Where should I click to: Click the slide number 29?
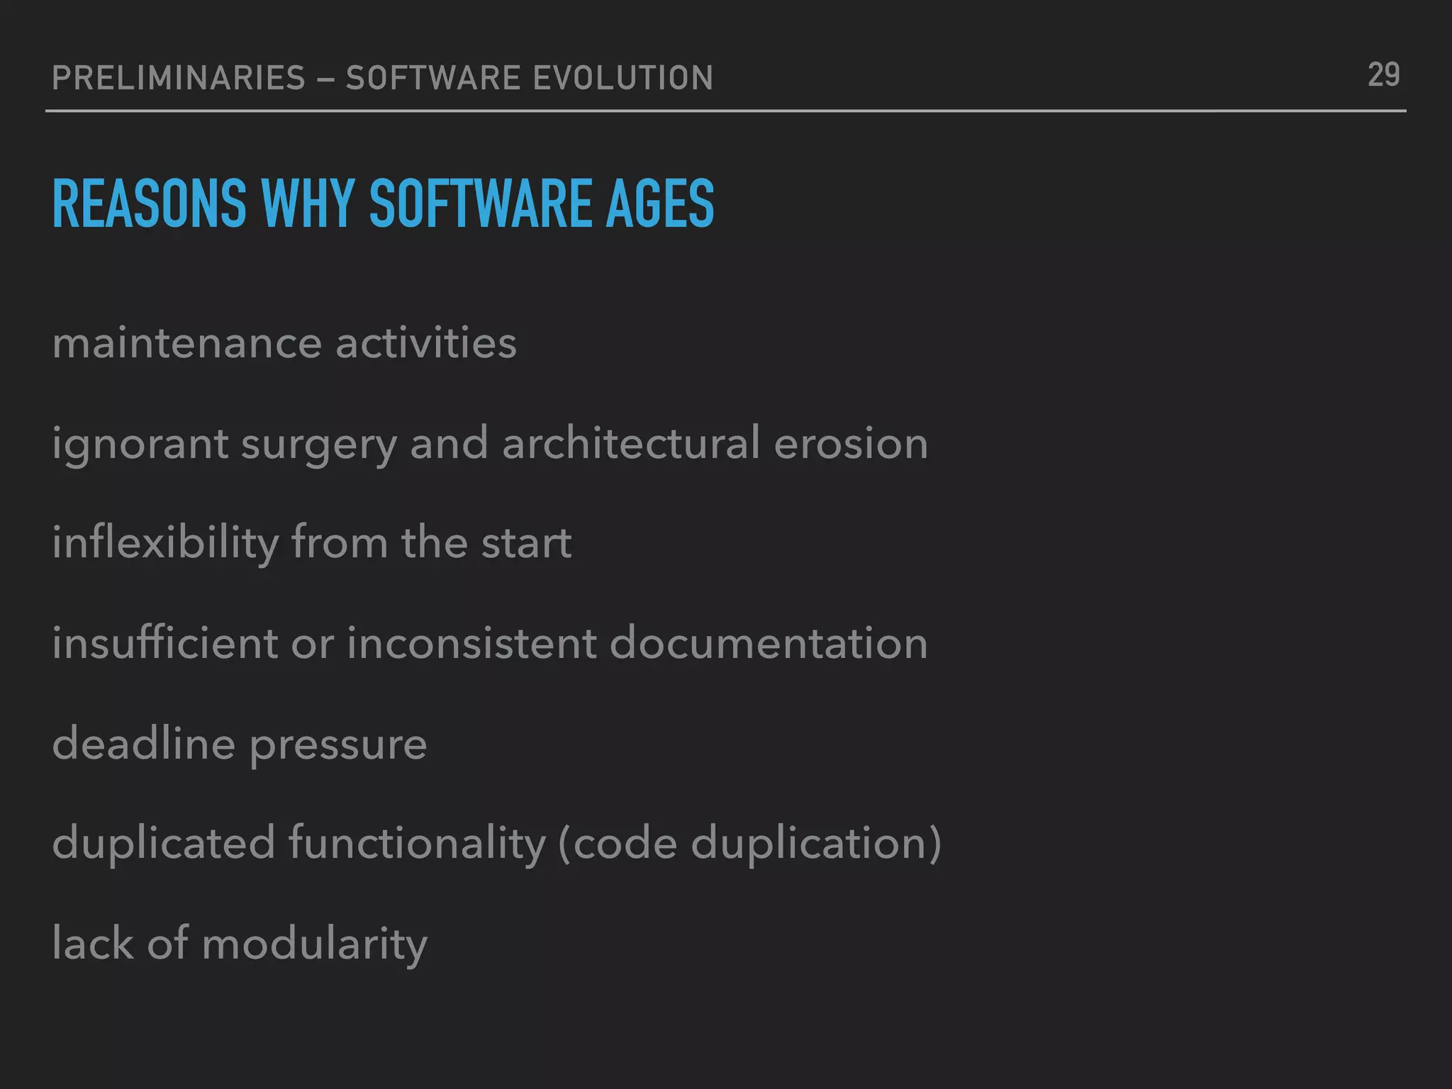[1383, 75]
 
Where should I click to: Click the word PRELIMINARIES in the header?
[179, 78]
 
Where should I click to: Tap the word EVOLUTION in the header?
[622, 78]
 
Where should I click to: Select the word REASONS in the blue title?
[150, 204]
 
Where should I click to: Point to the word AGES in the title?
[659, 204]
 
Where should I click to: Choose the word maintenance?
[187, 344]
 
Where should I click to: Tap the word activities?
[426, 344]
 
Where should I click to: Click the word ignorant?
[140, 445]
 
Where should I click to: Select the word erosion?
[851, 445]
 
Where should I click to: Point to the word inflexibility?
[165, 544]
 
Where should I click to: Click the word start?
[526, 544]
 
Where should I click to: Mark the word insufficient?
[165, 644]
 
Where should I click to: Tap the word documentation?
[769, 644]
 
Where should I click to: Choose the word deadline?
[143, 744]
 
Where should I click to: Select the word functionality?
[417, 844]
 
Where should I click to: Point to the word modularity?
[315, 945]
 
